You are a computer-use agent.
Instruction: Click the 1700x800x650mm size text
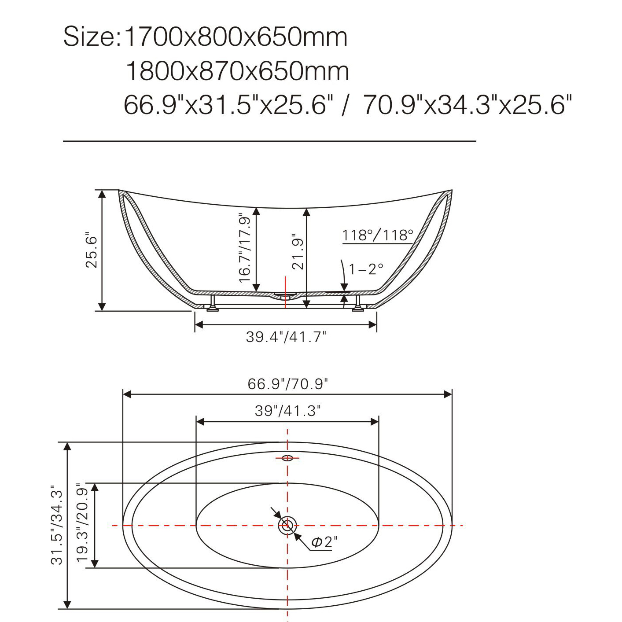pos(236,37)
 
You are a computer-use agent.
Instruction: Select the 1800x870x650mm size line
pos(237,71)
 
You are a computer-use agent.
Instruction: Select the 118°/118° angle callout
pos(378,236)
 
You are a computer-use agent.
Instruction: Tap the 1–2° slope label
pos(366,269)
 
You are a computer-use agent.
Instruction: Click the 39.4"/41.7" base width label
pos(286,337)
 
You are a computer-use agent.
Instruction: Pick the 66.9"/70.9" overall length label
pos(288,384)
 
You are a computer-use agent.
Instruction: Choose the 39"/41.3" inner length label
pos(288,411)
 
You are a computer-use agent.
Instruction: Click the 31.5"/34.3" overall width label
pos(57,525)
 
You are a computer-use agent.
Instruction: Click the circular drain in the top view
pos(287,525)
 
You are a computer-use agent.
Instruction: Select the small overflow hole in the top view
pos(287,458)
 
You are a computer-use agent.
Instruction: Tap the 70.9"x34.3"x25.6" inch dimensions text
pos(467,105)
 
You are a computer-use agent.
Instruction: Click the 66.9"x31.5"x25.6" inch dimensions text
pos(228,105)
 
